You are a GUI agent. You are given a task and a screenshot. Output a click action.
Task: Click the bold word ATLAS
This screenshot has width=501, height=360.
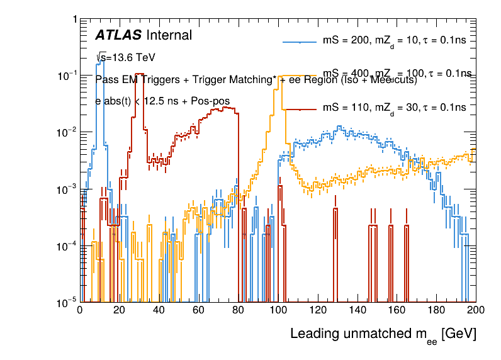click(118, 35)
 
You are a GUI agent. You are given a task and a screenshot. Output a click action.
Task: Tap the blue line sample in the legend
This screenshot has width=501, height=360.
click(298, 42)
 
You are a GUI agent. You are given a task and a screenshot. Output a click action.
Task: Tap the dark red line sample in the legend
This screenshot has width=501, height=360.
click(298, 108)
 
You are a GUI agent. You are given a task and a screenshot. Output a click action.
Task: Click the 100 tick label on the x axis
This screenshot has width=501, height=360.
click(278, 310)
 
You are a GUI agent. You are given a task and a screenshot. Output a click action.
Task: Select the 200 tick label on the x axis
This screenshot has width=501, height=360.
click(476, 310)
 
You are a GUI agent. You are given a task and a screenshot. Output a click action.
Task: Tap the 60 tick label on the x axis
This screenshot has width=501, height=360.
click(199, 310)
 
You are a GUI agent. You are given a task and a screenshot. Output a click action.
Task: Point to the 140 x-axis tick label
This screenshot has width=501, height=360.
click(357, 310)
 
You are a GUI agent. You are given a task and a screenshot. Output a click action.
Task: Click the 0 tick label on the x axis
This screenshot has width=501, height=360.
click(80, 310)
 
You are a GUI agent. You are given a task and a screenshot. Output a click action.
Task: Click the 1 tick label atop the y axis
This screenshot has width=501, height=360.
click(74, 20)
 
